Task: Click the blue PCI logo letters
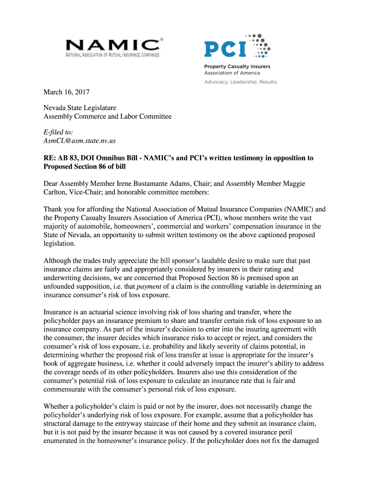[225, 49]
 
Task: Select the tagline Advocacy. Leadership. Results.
[241, 82]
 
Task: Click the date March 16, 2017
[67, 92]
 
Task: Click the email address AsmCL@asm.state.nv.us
[80, 141]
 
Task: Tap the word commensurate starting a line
[67, 389]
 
